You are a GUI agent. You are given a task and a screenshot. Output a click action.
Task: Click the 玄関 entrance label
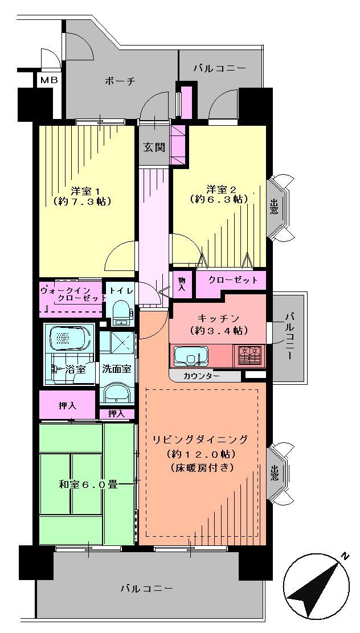tap(154, 148)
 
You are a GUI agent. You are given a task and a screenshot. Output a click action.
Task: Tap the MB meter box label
tap(48, 80)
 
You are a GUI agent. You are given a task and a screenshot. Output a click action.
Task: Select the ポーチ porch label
tap(120, 81)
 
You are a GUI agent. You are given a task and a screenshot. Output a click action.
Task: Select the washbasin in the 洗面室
tap(117, 392)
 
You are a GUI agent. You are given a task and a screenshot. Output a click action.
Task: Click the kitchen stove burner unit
tap(249, 355)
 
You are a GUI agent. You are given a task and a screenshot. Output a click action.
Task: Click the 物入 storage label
tap(181, 284)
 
